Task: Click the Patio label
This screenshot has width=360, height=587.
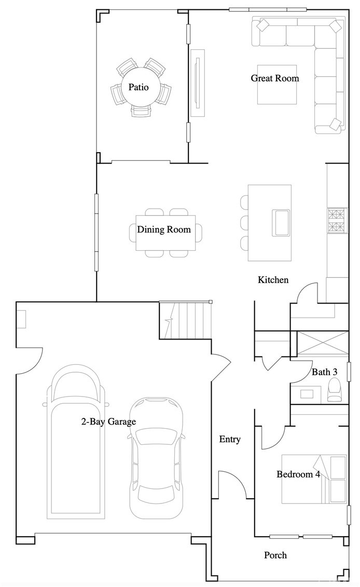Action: tap(139, 87)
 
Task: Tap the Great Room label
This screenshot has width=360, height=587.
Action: tap(275, 78)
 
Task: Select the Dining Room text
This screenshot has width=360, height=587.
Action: tap(164, 229)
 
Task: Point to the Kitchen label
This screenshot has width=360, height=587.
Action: tap(273, 280)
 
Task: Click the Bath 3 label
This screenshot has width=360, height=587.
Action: tap(324, 372)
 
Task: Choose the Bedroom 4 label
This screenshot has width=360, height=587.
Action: tap(298, 474)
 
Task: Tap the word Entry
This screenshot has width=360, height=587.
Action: tap(230, 440)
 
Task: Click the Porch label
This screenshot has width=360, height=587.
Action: tap(275, 555)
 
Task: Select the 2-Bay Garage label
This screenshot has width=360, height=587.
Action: tap(108, 422)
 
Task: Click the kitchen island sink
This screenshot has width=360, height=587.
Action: tap(281, 223)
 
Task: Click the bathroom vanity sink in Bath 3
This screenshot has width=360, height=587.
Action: tap(307, 394)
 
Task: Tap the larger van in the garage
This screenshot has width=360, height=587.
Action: tap(76, 442)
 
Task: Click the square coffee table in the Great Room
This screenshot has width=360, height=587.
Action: tap(278, 85)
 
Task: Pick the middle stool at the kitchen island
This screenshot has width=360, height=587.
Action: tap(245, 222)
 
